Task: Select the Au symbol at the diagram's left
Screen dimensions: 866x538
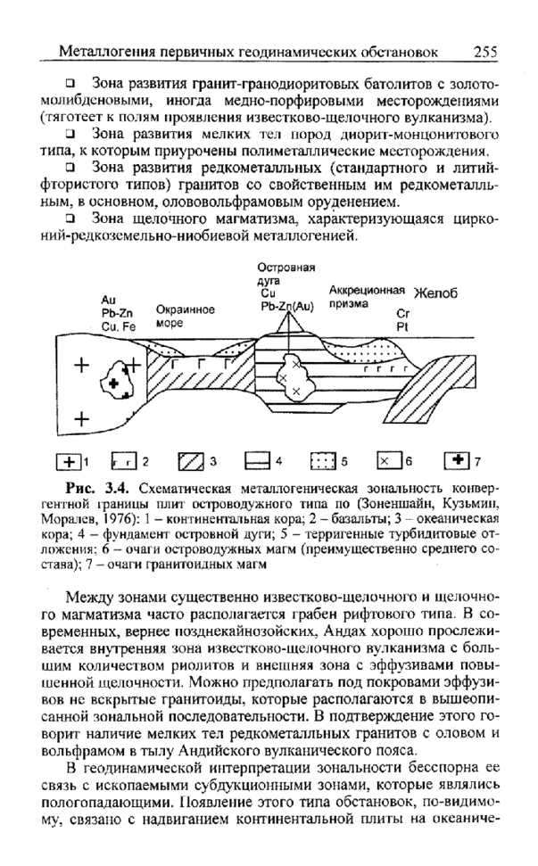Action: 110,300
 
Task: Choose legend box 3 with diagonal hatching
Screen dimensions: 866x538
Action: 192,461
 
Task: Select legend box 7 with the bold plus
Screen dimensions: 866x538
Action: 456,461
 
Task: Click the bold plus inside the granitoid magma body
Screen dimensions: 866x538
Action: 114,382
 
